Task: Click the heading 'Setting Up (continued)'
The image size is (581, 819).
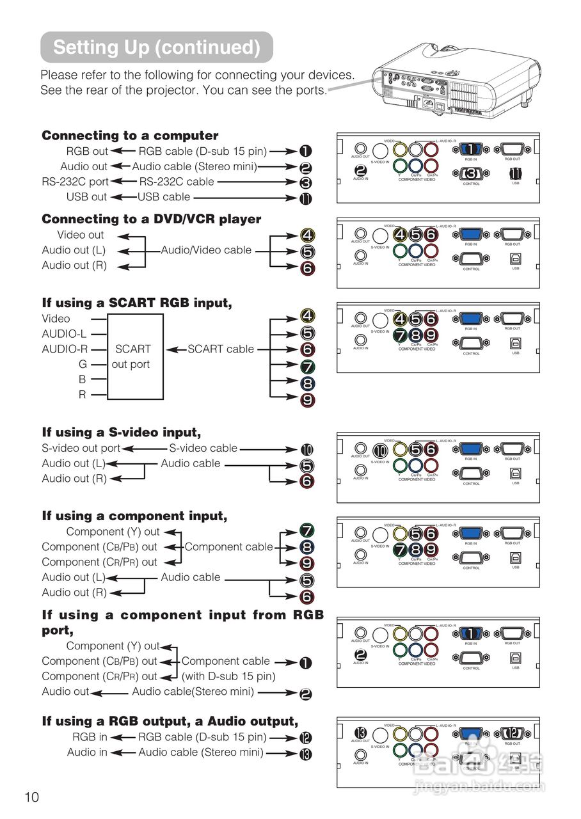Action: (157, 47)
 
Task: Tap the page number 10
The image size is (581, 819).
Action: (32, 797)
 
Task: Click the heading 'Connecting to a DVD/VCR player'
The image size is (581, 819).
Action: (152, 219)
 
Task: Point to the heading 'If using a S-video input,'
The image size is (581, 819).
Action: (122, 433)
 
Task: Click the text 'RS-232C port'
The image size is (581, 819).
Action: (76, 182)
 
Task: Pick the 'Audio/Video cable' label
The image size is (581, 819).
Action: (206, 250)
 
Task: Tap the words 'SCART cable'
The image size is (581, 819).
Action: (221, 349)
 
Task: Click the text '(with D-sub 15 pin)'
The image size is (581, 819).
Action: (228, 676)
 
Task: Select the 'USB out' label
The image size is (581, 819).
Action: (86, 197)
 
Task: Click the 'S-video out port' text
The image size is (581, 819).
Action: (81, 449)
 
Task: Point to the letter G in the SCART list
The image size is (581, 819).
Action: (82, 365)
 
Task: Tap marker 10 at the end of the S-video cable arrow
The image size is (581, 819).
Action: (307, 450)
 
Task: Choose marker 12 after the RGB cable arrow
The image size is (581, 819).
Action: (306, 738)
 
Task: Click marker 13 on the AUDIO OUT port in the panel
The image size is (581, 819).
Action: (360, 732)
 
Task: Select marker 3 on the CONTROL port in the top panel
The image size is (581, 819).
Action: (471, 173)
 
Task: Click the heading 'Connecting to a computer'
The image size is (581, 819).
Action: (130, 136)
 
